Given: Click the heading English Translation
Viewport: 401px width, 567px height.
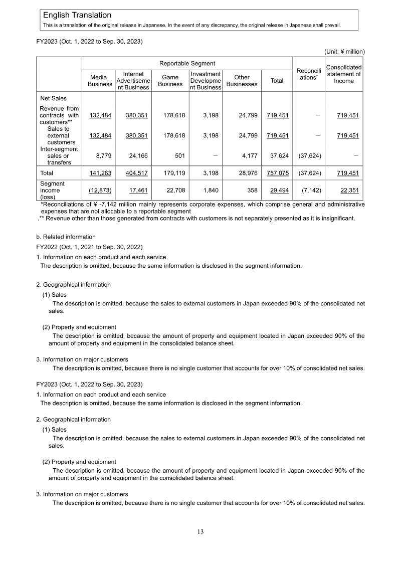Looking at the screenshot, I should (x=77, y=16).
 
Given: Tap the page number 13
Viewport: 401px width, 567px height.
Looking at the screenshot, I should (x=200, y=532).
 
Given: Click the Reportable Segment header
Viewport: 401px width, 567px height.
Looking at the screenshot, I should (x=187, y=64).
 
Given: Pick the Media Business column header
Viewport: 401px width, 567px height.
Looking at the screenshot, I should (x=100, y=81).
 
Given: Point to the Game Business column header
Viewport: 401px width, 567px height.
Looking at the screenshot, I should (x=170, y=81).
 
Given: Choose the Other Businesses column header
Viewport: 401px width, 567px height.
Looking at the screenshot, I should (x=242, y=81).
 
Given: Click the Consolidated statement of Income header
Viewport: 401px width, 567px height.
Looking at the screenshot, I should (x=344, y=74).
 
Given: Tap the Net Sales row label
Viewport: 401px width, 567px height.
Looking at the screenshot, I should (x=53, y=98).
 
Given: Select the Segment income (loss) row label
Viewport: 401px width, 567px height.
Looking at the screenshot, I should (x=50, y=191).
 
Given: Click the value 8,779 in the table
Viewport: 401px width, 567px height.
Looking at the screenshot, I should (x=103, y=155).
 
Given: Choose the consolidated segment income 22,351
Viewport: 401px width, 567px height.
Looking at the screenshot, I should (x=348, y=191).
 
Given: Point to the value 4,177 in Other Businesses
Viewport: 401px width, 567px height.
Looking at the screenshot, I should (x=249, y=155).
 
